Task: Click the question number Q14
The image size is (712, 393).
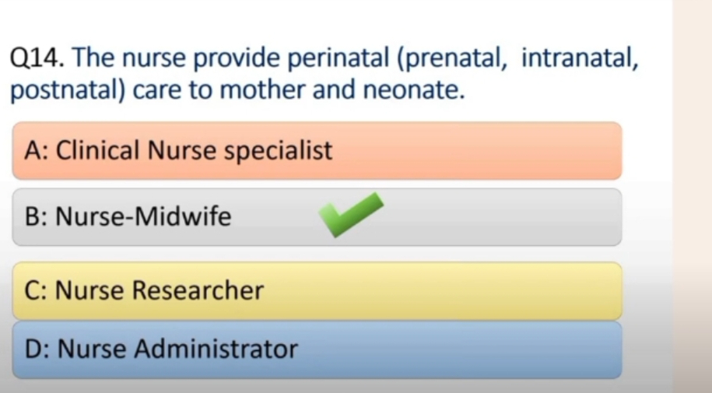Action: point(37,58)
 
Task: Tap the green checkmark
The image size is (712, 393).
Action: point(350,215)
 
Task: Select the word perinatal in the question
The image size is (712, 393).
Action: point(338,59)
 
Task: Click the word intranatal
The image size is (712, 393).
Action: point(580,58)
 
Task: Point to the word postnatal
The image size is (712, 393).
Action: point(67,90)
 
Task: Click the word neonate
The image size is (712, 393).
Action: point(413,90)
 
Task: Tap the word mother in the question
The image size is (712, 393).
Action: point(263,89)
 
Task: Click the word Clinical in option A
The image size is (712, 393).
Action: point(97,150)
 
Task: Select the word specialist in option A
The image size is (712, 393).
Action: point(279,151)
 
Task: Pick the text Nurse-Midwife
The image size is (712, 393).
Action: point(143,216)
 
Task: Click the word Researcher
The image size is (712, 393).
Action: point(198,289)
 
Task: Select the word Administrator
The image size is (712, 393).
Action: point(216,349)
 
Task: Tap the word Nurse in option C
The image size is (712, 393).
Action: point(89,289)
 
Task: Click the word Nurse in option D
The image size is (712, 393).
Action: point(91,349)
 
